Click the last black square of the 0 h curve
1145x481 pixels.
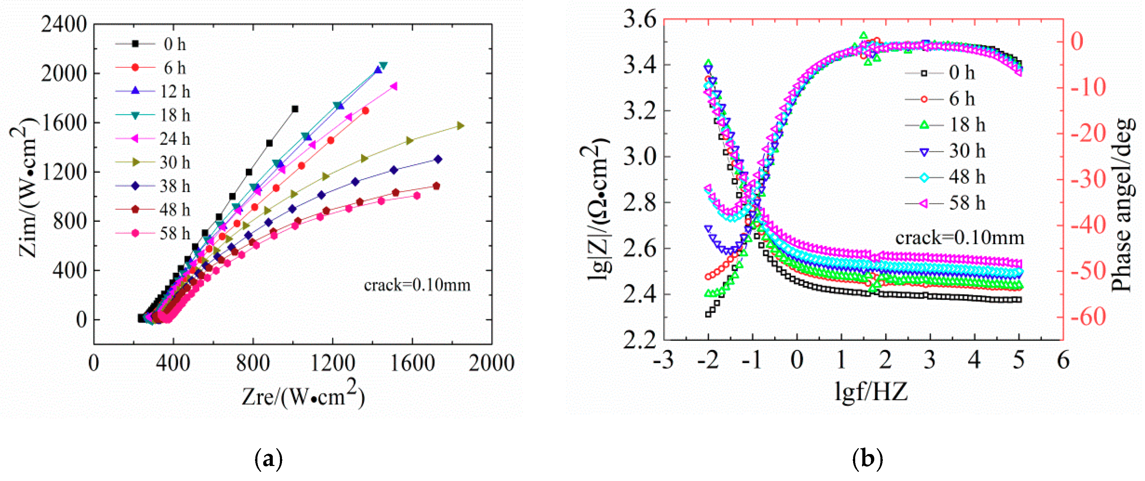[295, 109]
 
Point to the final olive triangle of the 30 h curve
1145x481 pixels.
[461, 126]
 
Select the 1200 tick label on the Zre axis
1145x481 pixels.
[333, 363]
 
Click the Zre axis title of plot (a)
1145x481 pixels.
[303, 394]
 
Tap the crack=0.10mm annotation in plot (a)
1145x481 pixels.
[417, 285]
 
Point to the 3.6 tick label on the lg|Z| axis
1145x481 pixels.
[640, 20]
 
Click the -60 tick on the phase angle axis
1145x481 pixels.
[1087, 317]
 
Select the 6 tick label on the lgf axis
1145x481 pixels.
[1063, 360]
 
